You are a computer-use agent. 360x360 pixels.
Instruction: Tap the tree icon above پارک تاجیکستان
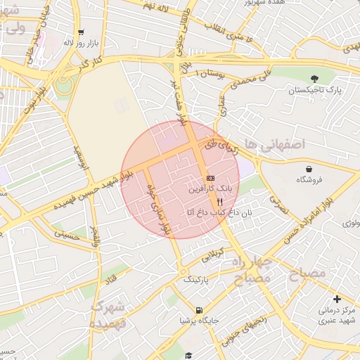click(x=314, y=78)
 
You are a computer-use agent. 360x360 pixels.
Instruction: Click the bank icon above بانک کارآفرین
click(x=210, y=177)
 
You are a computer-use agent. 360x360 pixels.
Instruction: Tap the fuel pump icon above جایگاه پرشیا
click(x=200, y=310)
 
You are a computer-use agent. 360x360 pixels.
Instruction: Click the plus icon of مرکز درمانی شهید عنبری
click(x=337, y=299)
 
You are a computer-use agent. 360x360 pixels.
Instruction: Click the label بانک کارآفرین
click(x=210, y=189)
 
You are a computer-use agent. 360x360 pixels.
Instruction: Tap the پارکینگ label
click(x=197, y=279)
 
